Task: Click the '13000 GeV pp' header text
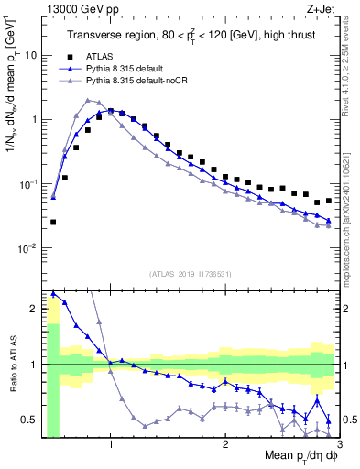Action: [x=75, y=10]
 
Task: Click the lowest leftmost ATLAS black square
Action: [x=53, y=222]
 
